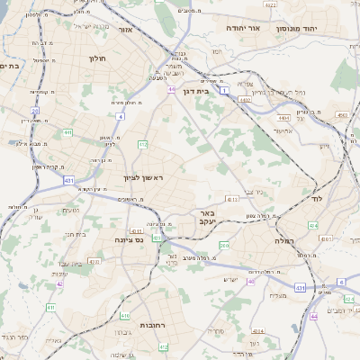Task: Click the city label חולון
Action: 97,58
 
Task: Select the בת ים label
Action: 10,66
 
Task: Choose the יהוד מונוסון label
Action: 323,29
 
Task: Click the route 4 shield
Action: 120,116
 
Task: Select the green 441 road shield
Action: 67,132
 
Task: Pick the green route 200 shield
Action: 224,245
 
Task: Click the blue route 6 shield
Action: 341,282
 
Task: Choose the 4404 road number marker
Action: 283,116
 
